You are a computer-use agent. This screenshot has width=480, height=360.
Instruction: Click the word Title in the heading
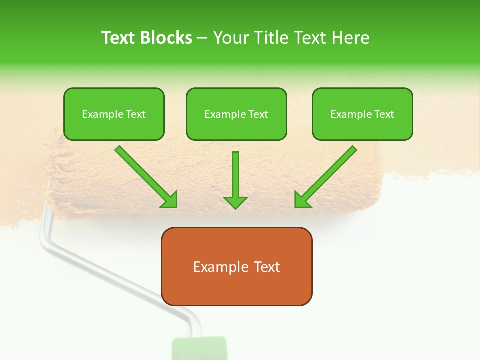pos(268,38)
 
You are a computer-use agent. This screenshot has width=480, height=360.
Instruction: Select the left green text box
pos(114,114)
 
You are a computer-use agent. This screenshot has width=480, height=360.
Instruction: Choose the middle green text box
pos(236,114)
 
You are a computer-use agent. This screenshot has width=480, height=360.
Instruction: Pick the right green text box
pos(362,114)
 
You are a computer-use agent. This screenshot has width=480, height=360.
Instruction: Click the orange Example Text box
pos(236,266)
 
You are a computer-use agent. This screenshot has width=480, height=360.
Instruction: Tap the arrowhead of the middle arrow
pos(235,202)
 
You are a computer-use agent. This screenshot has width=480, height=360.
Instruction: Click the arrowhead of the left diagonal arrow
pos(170,200)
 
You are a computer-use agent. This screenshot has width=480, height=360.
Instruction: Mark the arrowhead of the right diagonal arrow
pos(302,200)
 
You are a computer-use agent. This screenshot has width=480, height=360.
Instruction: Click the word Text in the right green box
pos(384,114)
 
